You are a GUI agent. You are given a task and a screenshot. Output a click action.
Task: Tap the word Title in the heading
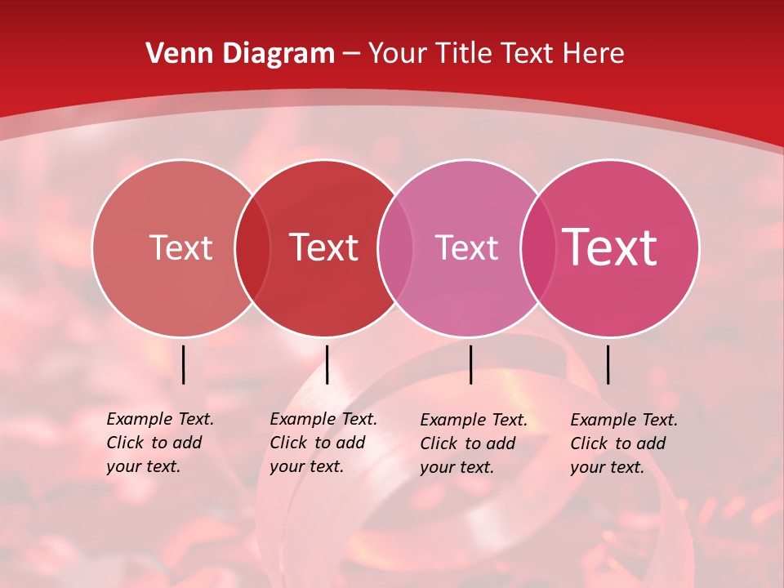[464, 53]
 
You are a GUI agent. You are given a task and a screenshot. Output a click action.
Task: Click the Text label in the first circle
[180, 247]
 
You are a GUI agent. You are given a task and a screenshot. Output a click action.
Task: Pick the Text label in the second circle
[324, 247]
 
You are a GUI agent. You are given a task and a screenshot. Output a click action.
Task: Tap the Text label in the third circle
[466, 247]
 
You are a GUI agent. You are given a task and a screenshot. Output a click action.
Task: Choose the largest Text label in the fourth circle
[610, 247]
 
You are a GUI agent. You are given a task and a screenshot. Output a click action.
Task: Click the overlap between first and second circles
[252, 247]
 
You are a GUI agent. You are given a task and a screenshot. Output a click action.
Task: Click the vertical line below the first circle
[184, 364]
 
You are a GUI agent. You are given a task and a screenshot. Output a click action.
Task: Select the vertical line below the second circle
[327, 364]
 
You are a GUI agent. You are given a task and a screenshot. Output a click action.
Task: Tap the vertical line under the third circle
[470, 364]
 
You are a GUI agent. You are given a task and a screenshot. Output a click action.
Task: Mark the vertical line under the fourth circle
[608, 364]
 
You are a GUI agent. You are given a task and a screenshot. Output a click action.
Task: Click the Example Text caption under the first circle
[160, 419]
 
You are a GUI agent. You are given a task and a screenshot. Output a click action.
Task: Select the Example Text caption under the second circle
[323, 419]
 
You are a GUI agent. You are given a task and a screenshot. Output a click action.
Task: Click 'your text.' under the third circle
[457, 467]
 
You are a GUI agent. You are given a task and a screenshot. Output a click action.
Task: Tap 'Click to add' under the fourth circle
[617, 443]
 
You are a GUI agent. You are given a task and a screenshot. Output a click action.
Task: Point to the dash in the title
[351, 54]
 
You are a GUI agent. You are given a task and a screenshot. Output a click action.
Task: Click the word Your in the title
[398, 53]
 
